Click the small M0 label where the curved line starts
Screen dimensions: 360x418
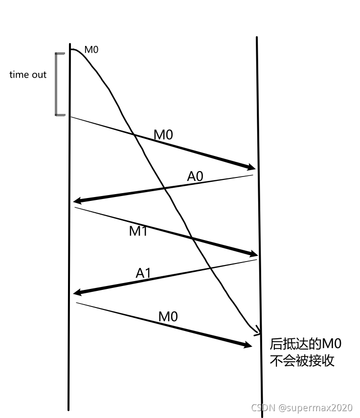[91, 49]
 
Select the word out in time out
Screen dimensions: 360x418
[39, 75]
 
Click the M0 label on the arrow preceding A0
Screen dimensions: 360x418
[163, 134]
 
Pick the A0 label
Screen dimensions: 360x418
[195, 176]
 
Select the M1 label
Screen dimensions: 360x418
[138, 231]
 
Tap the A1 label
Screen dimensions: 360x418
[143, 273]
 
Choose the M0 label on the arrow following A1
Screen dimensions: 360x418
[168, 316]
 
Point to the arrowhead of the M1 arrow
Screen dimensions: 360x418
[253, 254]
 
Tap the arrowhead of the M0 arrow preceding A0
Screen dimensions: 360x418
[251, 167]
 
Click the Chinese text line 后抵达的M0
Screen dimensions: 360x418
[306, 344]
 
